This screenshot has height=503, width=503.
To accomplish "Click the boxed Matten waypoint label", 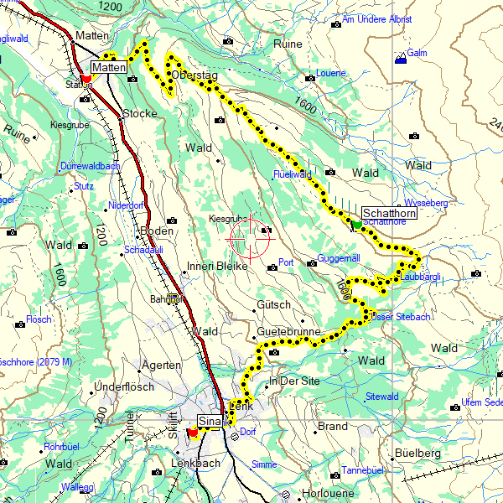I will point(109,67).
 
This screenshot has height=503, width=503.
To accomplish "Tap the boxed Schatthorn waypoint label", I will point(389,213).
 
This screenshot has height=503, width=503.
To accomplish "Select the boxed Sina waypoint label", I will point(210,421).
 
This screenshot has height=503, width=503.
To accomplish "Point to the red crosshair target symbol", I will point(250,236).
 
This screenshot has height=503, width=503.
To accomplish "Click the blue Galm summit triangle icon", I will point(401,57).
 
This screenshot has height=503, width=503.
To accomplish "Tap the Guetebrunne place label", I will point(288,332).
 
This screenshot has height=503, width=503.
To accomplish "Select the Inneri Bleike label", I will point(216,267).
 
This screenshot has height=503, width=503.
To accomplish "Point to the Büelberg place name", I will point(416,453).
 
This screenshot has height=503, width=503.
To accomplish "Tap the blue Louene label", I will point(330,73).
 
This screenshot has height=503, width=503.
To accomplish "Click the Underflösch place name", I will point(123,386).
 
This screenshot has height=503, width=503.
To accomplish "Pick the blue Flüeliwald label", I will point(292,174).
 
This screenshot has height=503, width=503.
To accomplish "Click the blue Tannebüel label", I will point(362,470).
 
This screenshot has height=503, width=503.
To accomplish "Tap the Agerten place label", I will point(162,365).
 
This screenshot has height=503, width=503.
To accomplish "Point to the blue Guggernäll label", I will point(339,259).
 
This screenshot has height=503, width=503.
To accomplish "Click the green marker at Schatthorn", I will point(356,225).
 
